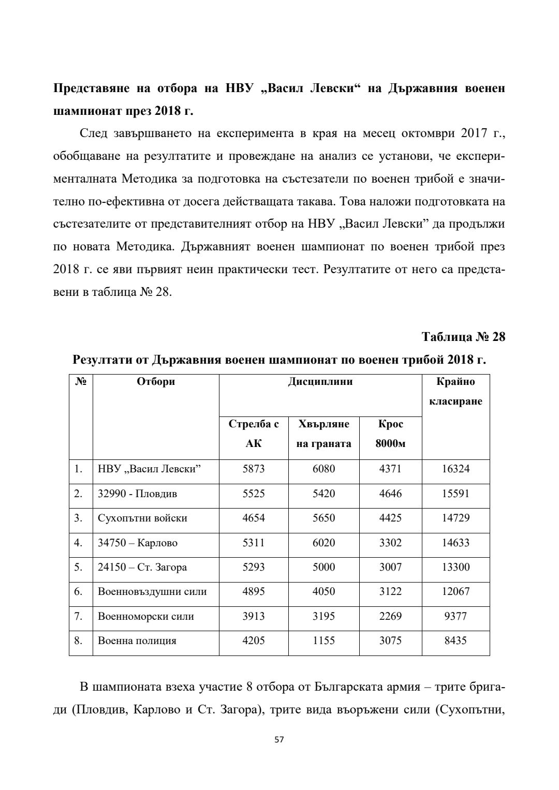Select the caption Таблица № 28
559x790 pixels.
[x=463, y=337]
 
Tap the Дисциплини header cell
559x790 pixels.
[x=320, y=382]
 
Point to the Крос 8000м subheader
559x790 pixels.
[x=390, y=434]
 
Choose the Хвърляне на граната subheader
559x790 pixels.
[x=323, y=434]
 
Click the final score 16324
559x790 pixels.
[x=455, y=469]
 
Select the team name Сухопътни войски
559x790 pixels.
[x=142, y=518]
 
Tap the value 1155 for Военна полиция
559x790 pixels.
[x=323, y=640]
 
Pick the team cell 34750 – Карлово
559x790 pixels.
[x=138, y=543]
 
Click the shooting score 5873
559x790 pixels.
[x=254, y=469]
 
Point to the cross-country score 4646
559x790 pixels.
[x=390, y=494]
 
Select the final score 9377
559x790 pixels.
[x=455, y=616]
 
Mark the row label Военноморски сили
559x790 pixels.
[x=146, y=616]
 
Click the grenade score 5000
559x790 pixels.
[x=323, y=567]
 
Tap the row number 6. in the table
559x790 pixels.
[x=78, y=591]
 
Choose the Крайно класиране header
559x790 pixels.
[x=455, y=391]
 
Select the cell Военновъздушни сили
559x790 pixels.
[x=152, y=591]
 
